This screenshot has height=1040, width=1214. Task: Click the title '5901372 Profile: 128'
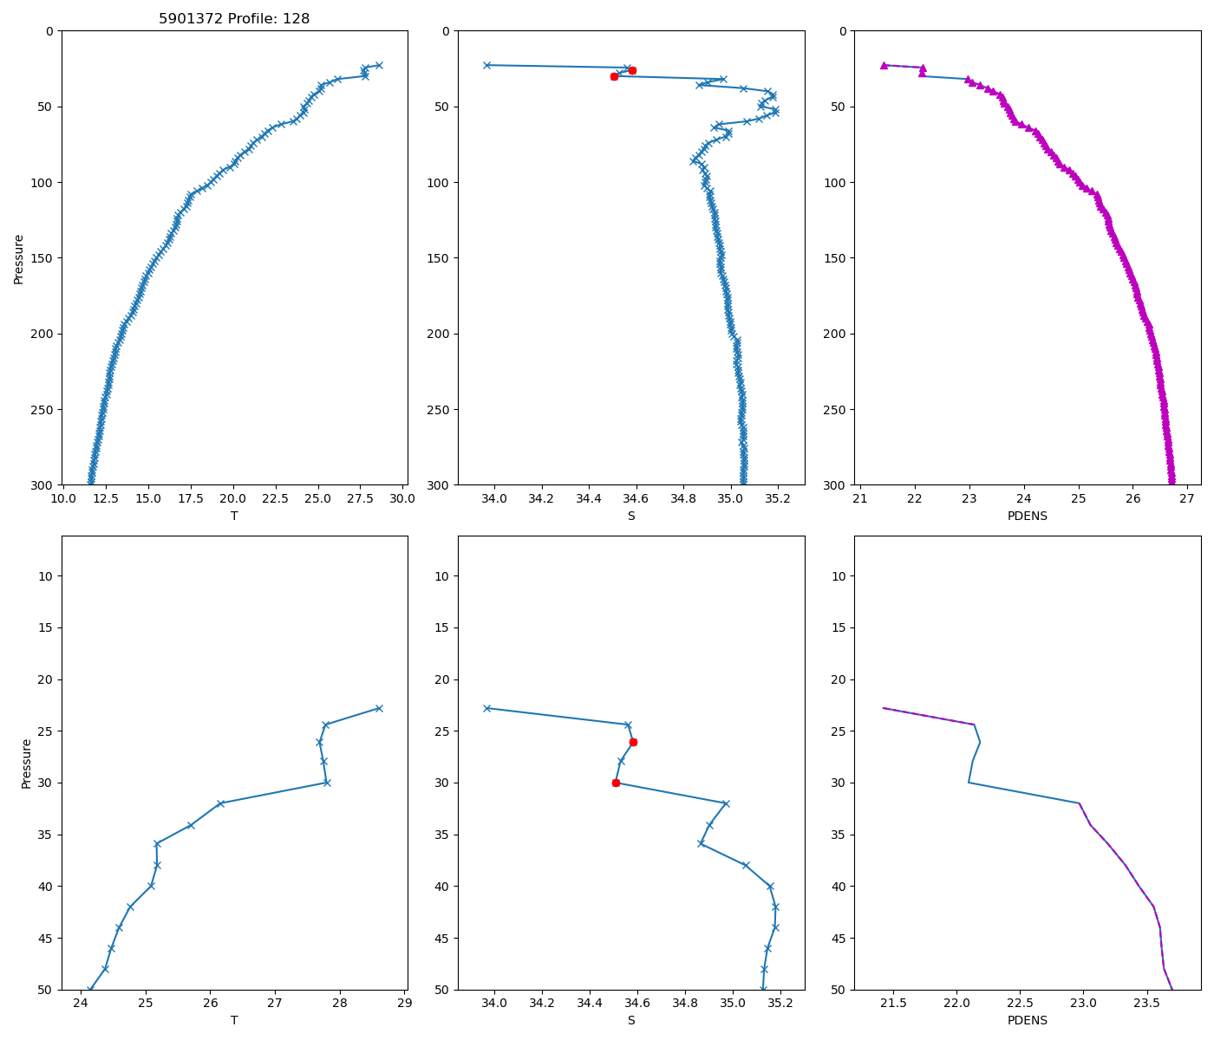234,18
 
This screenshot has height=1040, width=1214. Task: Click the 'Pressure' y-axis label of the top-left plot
19,258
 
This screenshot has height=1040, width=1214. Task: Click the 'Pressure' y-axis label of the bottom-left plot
26,763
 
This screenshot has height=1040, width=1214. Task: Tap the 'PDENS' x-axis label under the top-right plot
1028,516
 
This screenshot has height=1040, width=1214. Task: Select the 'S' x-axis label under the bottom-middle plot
631,1020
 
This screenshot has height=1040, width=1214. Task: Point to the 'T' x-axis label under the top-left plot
234,516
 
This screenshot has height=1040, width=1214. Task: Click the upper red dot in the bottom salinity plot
633,742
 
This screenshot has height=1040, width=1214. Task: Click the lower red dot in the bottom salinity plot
616,783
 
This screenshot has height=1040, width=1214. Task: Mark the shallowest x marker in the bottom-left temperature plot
379,708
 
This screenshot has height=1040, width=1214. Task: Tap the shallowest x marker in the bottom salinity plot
486,708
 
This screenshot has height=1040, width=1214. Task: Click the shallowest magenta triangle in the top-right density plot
884,65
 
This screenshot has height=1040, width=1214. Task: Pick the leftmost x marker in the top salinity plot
486,65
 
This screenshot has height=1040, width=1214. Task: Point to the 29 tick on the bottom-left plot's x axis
404,1003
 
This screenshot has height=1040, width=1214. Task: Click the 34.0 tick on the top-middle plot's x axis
494,498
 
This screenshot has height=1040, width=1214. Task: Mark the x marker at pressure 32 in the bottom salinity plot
726,803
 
